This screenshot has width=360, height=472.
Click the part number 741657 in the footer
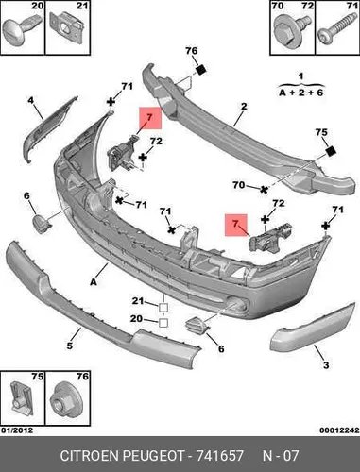220,455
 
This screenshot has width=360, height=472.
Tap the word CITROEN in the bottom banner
90,455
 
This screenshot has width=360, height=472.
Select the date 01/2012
17,430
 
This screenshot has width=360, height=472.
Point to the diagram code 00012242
339,430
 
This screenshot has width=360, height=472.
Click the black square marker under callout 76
200,70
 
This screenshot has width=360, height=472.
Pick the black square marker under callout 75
331,152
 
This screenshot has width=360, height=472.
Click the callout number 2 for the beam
244,107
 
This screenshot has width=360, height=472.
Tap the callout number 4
30,100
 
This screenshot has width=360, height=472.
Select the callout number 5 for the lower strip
69,346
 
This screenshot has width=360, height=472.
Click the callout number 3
326,365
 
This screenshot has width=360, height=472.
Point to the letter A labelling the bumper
94,282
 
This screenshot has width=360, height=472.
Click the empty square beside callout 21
163,307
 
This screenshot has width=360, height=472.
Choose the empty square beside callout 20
163,323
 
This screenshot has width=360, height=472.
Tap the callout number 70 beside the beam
238,185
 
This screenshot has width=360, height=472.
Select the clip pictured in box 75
20,398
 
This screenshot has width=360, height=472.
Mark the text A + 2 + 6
301,93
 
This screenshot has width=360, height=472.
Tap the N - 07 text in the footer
281,455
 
